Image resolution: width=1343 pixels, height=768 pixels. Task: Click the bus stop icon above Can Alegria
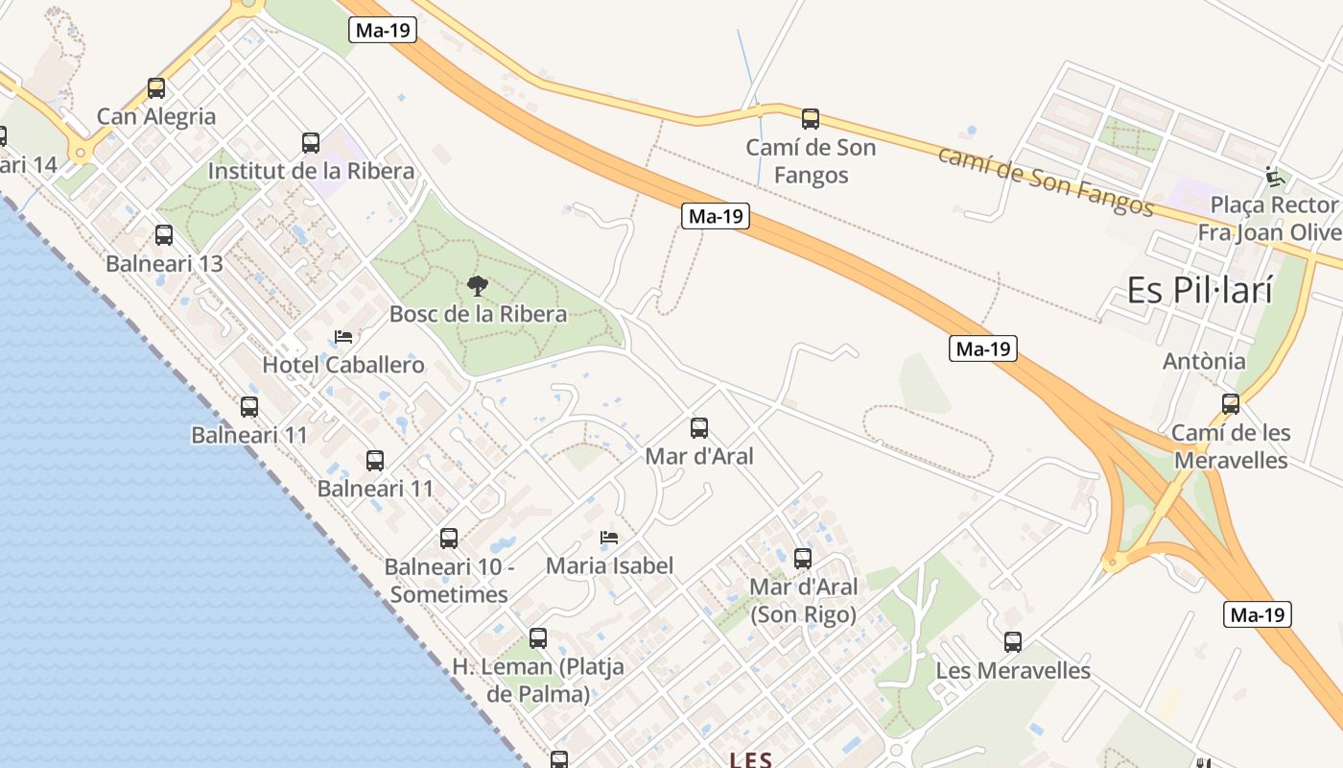pos(156,88)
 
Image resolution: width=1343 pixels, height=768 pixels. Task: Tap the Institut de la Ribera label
pos(311,171)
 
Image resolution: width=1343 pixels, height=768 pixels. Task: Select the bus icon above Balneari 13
pos(164,234)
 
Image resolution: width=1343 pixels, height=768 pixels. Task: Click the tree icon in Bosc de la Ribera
pos(477,285)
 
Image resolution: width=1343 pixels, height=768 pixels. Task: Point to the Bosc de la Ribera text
pos(478,314)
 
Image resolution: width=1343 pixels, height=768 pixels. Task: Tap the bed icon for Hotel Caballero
pos(342,337)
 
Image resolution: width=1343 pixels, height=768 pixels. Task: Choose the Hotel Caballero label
pos(342,365)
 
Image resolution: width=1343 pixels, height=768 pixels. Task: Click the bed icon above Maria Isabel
pos(609,538)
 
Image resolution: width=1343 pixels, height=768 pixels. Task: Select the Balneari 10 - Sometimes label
pos(449,580)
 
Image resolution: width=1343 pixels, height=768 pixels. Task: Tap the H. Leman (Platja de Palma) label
pos(538,680)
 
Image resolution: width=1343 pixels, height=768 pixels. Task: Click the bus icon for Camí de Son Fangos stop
pos(811,119)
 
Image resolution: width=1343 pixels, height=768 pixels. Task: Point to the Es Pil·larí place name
pos(1199,289)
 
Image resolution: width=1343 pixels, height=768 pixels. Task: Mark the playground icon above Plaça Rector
pos(1275,177)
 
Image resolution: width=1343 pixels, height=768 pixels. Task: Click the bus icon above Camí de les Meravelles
pos(1231,403)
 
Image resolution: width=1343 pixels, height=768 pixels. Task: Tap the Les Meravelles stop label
pos(1013,670)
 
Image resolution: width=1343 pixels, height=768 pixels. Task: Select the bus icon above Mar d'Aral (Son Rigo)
pos(803,558)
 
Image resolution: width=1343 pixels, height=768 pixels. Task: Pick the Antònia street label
pos(1204,361)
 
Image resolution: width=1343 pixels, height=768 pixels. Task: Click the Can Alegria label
pos(156,116)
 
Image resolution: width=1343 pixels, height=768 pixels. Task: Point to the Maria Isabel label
pos(609,565)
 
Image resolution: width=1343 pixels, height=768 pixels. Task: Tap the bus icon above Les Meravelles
pos(1013,642)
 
